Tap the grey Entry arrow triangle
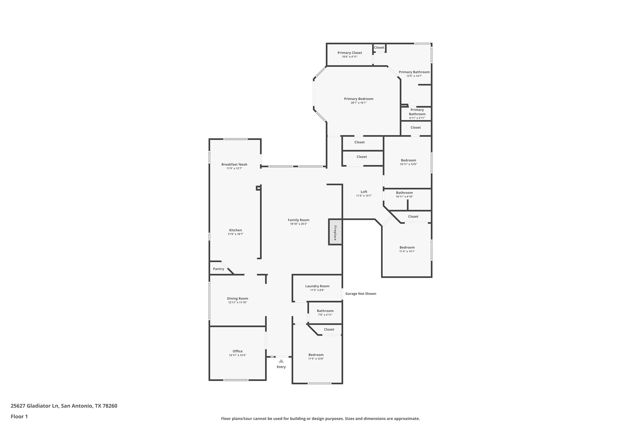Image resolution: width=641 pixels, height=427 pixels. [x=281, y=361]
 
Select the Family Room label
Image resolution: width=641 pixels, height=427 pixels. [x=298, y=220]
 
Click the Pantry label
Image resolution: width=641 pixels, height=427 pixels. [x=219, y=269]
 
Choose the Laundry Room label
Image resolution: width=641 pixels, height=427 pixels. [x=317, y=286]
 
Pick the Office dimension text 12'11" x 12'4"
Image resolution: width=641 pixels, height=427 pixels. [x=238, y=355]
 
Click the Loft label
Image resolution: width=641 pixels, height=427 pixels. [x=364, y=192]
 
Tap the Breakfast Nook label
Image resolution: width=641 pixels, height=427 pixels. [x=234, y=164]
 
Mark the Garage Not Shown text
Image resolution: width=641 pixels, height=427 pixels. [x=361, y=294]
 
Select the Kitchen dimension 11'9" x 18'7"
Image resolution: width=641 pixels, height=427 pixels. [x=235, y=234]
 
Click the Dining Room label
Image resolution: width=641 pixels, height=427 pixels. [x=238, y=298]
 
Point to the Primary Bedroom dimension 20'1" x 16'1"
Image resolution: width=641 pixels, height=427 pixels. [x=359, y=103]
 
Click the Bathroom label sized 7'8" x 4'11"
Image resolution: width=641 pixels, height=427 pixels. [x=325, y=311]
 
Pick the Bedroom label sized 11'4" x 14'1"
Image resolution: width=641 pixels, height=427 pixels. [x=407, y=247]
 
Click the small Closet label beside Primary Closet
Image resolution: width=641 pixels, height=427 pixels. [x=379, y=47]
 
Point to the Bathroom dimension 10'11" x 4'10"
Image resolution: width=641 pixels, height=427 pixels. [x=404, y=197]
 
